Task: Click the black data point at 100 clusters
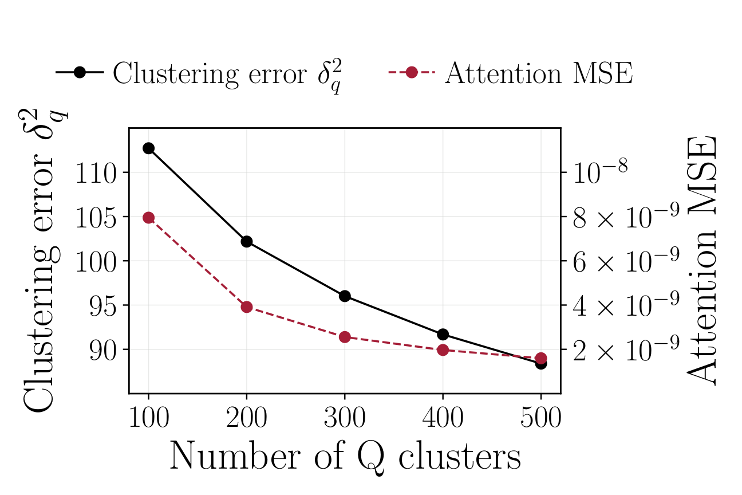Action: [x=148, y=148]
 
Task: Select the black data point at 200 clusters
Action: [x=247, y=241]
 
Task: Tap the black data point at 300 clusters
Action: [x=345, y=296]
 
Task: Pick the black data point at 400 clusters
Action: [x=443, y=334]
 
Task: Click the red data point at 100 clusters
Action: [x=148, y=218]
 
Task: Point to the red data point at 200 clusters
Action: [x=247, y=307]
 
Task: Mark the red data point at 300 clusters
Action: [x=345, y=337]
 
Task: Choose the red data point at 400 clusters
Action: [x=443, y=350]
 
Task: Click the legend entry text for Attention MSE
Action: [x=539, y=73]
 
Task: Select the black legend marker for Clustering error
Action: [x=80, y=73]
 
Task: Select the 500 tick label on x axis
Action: [x=541, y=419]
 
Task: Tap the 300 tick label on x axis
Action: [x=345, y=419]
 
